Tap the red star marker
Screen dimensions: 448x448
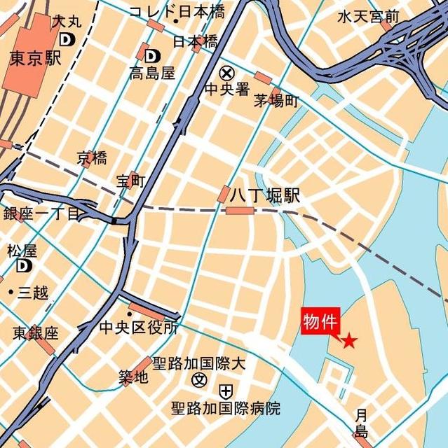[x=348, y=341]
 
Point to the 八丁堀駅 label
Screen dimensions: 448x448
[x=265, y=197]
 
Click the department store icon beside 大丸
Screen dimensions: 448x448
[x=66, y=40]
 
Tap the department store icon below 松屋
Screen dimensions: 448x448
[x=25, y=265]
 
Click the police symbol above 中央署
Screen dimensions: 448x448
[x=226, y=72]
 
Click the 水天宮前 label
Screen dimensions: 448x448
[x=369, y=15]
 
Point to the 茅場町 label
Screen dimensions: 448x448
[x=276, y=101]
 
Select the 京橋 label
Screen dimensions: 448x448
[x=93, y=157]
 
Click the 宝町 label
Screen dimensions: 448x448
[x=131, y=182]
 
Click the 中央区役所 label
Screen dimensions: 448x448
[x=138, y=328]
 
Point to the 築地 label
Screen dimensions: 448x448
[x=133, y=379]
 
